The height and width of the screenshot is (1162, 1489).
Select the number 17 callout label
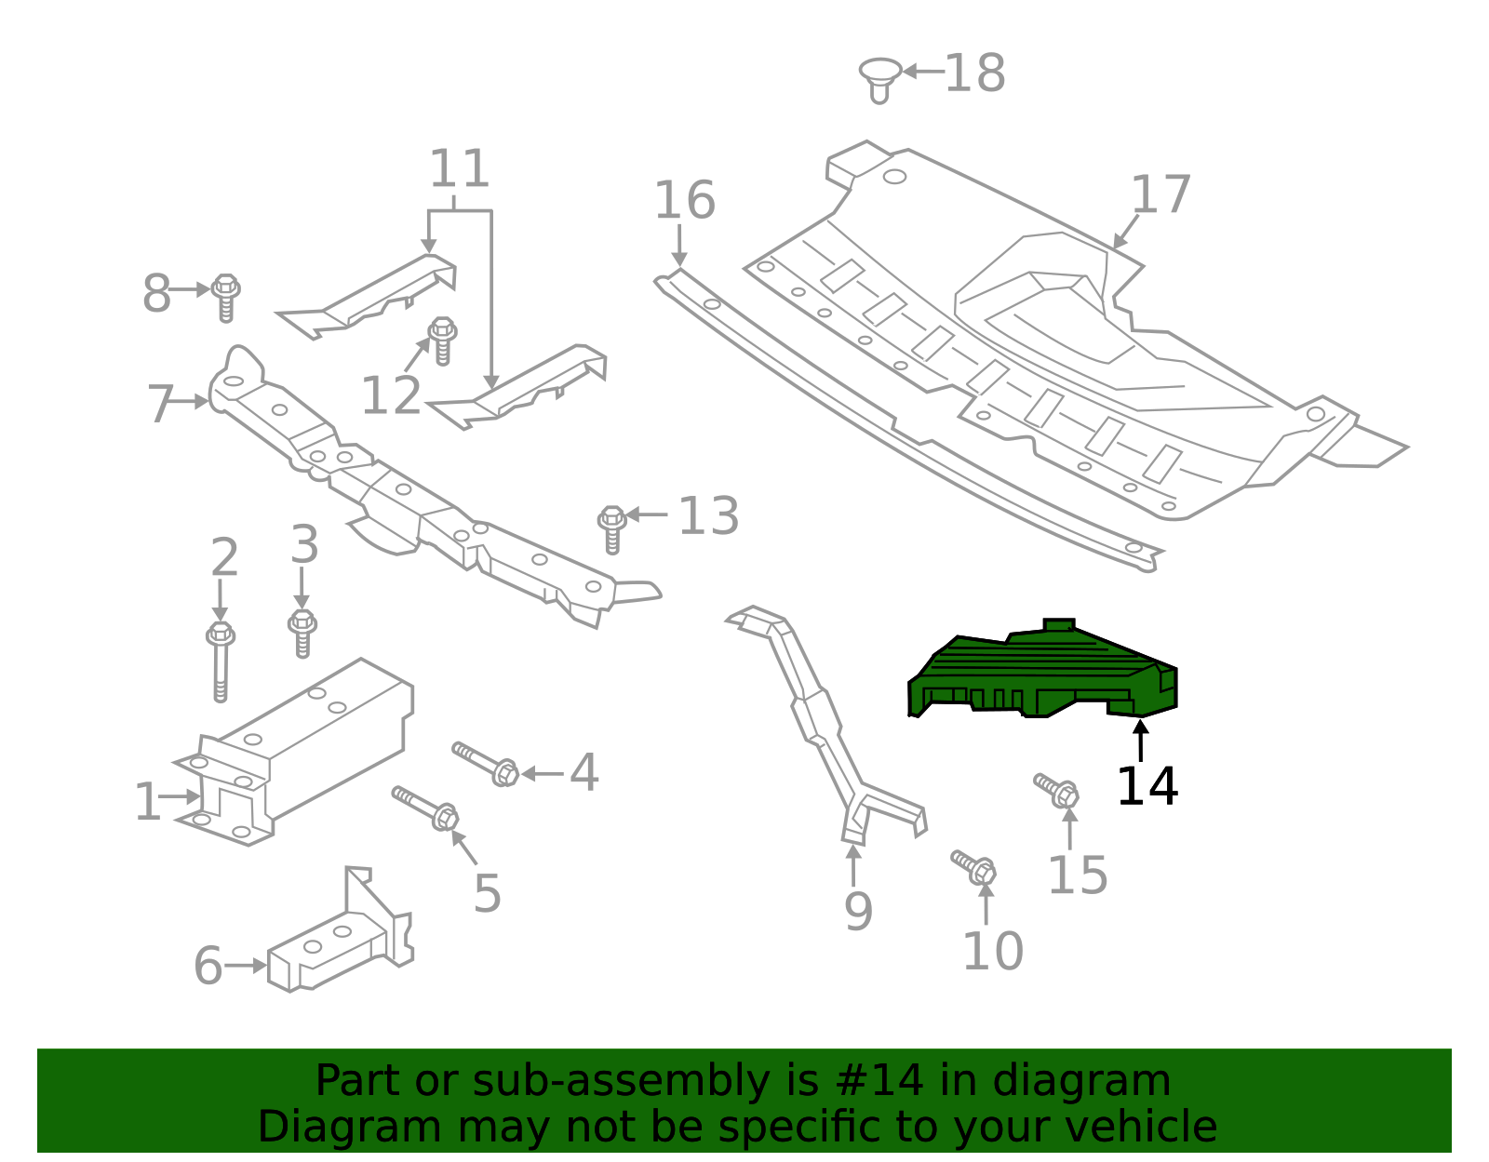point(1160,195)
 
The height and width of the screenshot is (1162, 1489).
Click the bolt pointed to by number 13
point(611,528)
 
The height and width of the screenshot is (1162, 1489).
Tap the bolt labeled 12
point(443,340)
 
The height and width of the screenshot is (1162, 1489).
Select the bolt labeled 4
point(486,763)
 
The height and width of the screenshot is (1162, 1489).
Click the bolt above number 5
point(425,807)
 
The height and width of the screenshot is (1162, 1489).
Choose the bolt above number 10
point(974,867)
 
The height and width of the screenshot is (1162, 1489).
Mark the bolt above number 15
point(1057,790)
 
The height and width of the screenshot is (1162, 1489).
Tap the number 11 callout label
point(459,169)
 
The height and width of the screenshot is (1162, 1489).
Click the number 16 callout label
point(684,201)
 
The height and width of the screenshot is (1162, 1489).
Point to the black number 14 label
point(1147,786)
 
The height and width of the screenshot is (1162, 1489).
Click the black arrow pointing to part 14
point(1140,741)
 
